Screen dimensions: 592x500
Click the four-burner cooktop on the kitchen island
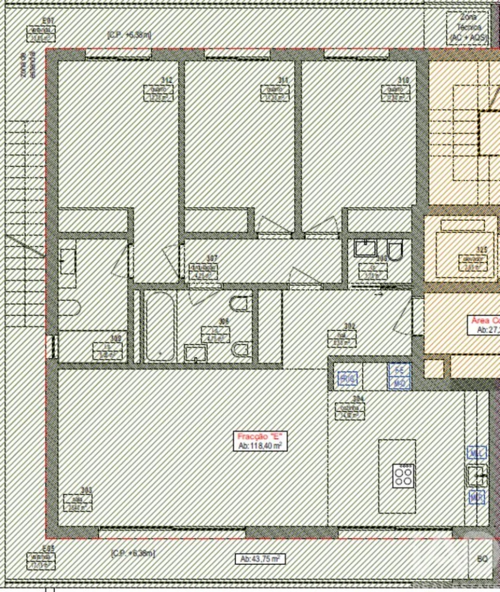click(403, 474)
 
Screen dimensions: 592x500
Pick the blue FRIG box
click(348, 379)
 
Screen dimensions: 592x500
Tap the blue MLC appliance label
click(476, 453)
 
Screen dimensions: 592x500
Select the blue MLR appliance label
click(476, 498)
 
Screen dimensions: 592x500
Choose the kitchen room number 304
click(358, 398)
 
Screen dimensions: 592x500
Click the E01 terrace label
click(49, 21)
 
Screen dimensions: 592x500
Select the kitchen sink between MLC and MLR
click(476, 475)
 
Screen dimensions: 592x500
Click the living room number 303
click(86, 490)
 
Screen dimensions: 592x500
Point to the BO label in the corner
click(482, 558)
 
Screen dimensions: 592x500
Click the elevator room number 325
click(481, 250)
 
